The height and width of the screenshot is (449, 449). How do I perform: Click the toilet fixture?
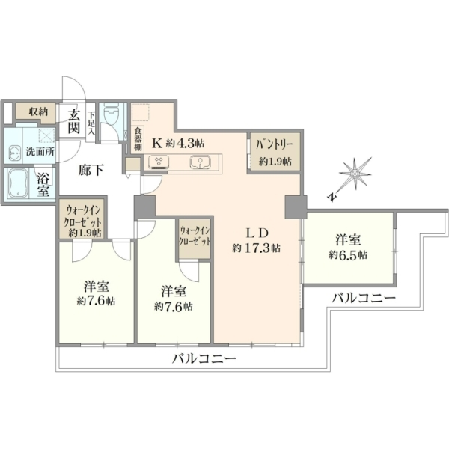[x=111, y=114]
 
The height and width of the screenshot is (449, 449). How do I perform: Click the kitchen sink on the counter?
[x=201, y=162]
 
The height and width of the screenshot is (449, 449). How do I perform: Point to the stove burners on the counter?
[x=159, y=162]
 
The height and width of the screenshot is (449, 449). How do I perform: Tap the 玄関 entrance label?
[x=73, y=122]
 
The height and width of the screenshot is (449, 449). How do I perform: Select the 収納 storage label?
[x=38, y=112]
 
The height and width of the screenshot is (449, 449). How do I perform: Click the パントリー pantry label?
[x=275, y=144]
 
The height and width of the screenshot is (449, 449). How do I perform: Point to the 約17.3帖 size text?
[x=256, y=248]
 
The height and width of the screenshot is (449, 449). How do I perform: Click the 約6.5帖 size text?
[x=348, y=254]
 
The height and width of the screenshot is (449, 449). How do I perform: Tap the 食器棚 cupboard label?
[x=138, y=140]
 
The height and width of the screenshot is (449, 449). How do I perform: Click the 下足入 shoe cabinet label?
[x=91, y=123]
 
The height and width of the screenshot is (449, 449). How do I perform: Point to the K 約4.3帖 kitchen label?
[x=178, y=143]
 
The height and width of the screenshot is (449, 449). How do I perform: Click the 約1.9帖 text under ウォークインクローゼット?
[x=85, y=233]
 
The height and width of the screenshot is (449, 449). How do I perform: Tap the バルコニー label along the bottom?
[x=204, y=358]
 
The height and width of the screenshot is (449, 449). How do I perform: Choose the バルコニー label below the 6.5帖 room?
[x=364, y=299]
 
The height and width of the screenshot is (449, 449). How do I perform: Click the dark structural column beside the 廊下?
[x=145, y=207]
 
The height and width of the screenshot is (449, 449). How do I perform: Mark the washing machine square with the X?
[x=46, y=135]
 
